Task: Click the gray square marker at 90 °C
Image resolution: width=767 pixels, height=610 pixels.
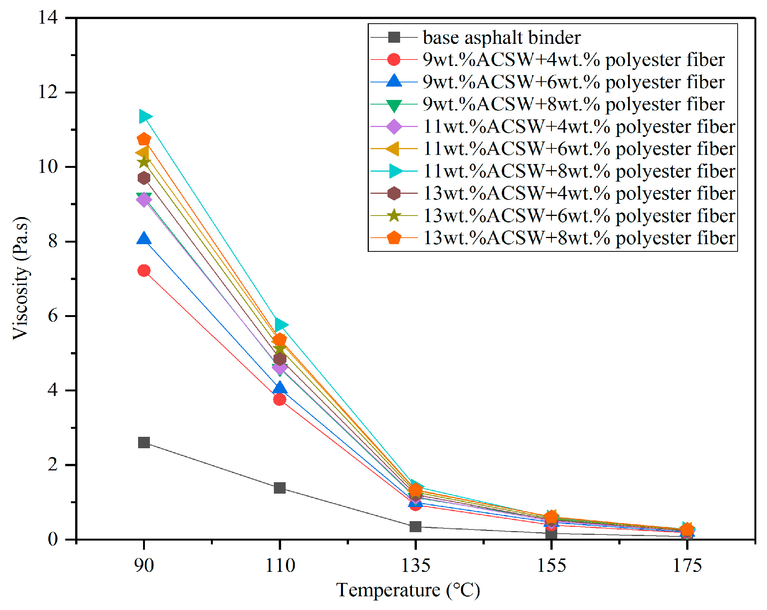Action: pyautogui.click(x=144, y=443)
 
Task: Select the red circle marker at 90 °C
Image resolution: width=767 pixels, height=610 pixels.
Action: pyautogui.click(x=144, y=270)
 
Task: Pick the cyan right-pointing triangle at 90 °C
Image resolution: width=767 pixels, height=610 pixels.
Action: pyautogui.click(x=145, y=116)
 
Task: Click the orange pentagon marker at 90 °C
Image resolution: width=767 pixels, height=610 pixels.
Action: pyautogui.click(x=144, y=139)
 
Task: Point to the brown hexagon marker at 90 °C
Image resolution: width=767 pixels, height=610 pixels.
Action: pyautogui.click(x=144, y=178)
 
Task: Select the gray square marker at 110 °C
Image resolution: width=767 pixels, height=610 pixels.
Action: pyautogui.click(x=280, y=488)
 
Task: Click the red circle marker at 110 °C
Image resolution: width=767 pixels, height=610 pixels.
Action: pyautogui.click(x=280, y=399)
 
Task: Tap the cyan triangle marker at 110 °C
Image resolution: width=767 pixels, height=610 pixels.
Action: pyautogui.click(x=281, y=325)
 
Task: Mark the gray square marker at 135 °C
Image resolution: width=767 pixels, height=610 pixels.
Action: pyautogui.click(x=415, y=526)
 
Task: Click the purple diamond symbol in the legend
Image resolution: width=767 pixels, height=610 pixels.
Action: pyautogui.click(x=394, y=126)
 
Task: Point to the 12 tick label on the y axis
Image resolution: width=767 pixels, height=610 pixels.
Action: pyautogui.click(x=48, y=92)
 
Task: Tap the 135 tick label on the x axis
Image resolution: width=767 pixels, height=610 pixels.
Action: pyautogui.click(x=415, y=565)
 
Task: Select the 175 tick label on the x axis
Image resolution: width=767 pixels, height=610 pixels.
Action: pyautogui.click(x=687, y=565)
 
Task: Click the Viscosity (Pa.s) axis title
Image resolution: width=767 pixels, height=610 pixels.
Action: pyautogui.click(x=21, y=278)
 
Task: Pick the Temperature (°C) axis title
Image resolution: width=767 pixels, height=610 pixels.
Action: pyautogui.click(x=408, y=591)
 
